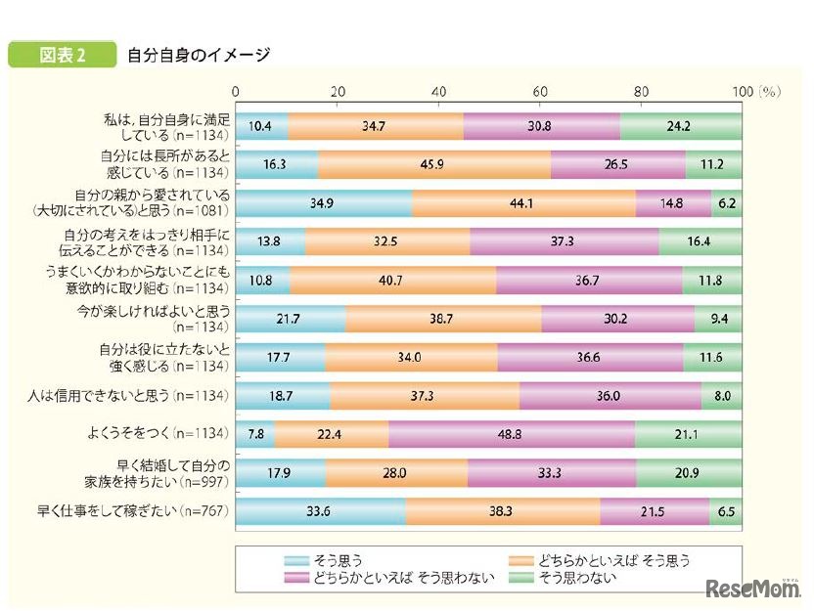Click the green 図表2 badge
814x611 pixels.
point(61,55)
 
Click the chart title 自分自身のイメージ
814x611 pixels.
point(199,56)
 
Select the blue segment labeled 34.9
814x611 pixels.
point(324,203)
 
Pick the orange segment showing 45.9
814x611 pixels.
point(433,165)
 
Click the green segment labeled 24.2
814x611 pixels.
point(681,127)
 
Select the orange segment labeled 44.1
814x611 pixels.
point(523,203)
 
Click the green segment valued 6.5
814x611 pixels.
point(726,509)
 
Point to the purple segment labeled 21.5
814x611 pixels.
point(654,509)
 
